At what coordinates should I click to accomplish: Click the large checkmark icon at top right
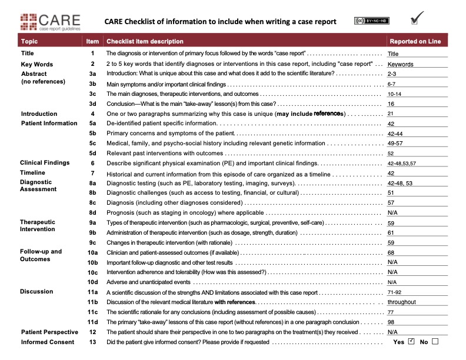tap(417, 18)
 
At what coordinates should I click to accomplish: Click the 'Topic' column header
tap(29, 41)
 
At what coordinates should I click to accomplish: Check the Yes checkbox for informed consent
tap(411, 341)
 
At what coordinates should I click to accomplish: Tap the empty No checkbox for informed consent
tap(435, 341)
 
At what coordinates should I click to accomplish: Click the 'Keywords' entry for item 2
tap(400, 65)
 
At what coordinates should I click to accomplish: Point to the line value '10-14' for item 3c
tap(394, 94)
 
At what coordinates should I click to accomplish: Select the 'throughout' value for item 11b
tap(401, 302)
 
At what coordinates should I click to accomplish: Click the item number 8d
tap(92, 212)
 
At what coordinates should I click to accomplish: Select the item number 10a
tap(92, 252)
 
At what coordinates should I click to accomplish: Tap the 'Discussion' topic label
tap(36, 291)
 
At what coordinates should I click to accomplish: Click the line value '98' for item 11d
tap(391, 322)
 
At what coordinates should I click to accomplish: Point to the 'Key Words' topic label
tap(37, 64)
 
